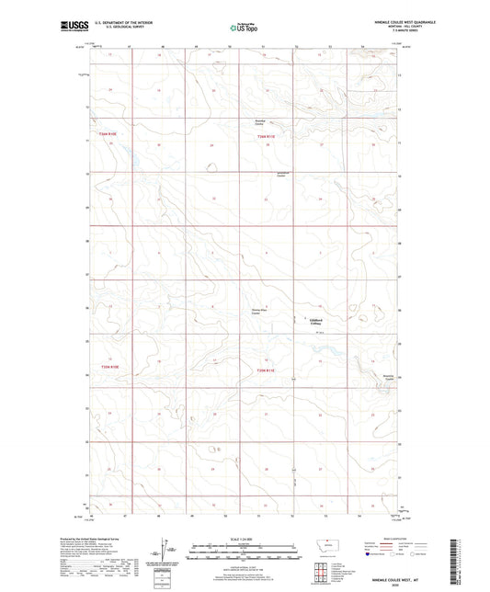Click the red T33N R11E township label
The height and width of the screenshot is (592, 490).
pos(266,137)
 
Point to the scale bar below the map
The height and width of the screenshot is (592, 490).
pos(245,554)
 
